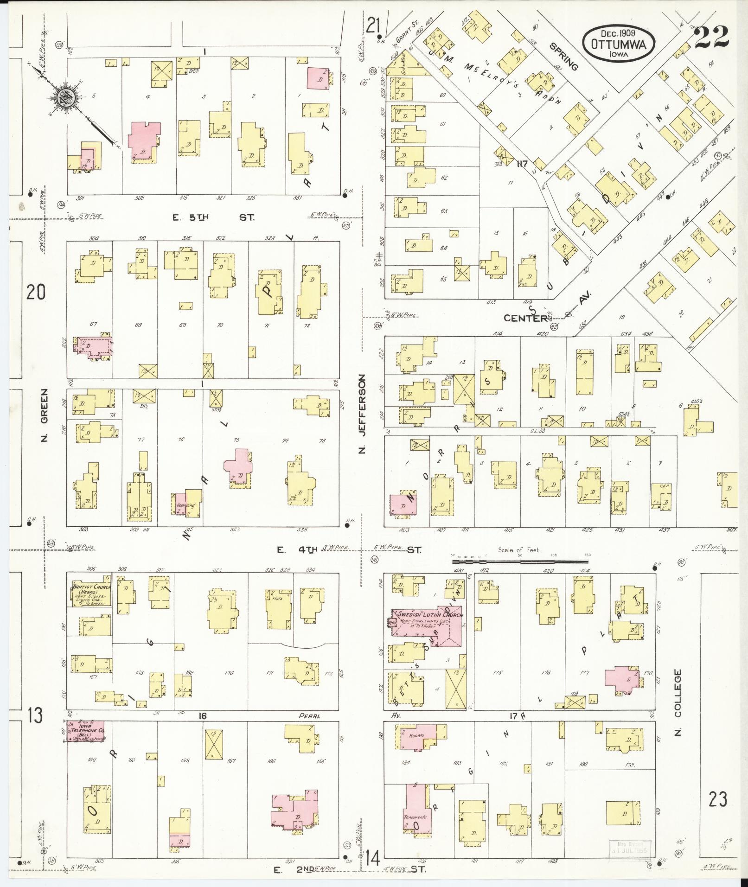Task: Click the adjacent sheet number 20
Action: point(36,293)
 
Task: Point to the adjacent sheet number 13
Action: point(35,729)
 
